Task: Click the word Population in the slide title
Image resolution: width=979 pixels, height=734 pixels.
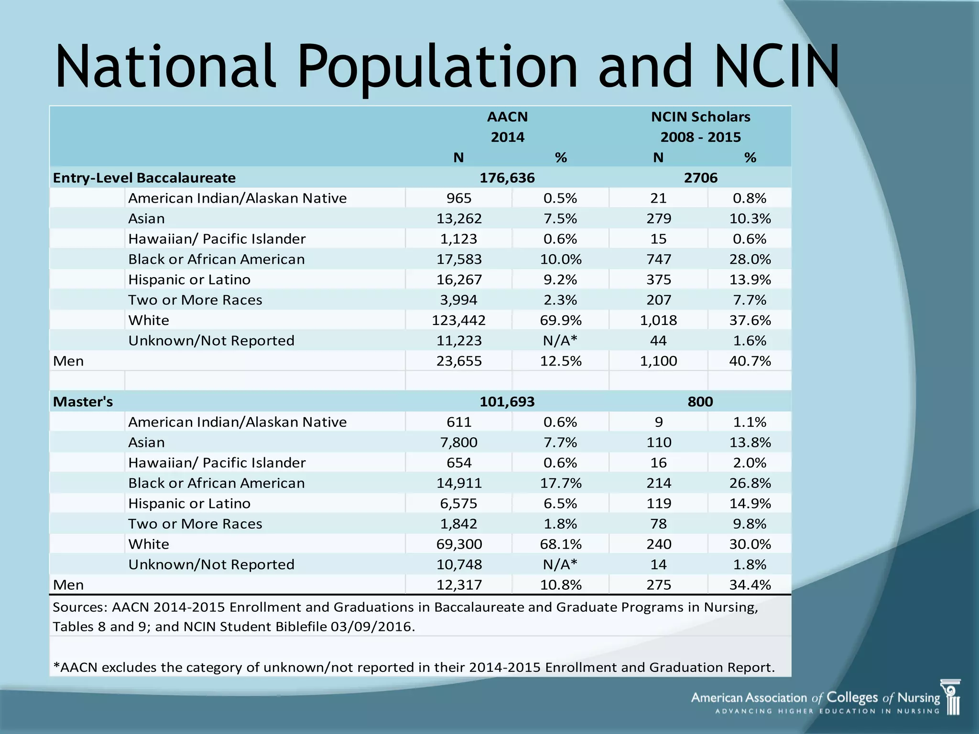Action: [437, 67]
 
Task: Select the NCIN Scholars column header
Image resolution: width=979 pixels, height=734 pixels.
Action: [700, 117]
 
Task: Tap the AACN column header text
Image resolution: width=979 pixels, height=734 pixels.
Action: [507, 117]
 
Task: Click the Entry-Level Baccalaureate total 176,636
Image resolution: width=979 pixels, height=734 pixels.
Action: [507, 178]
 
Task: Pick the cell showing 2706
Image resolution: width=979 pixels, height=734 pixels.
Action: [700, 178]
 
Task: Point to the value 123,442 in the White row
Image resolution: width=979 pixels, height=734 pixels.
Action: [458, 320]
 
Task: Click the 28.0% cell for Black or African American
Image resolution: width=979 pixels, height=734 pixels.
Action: [750, 259]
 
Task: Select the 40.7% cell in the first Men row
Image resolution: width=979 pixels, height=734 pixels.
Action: [750, 361]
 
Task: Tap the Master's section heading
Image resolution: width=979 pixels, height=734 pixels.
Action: [83, 402]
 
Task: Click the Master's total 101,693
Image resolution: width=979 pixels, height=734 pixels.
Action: [507, 402]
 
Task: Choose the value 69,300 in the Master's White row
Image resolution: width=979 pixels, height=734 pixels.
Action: [459, 544]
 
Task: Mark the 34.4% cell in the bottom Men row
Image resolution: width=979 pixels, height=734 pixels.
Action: [750, 585]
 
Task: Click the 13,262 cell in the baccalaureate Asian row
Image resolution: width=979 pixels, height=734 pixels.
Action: [459, 219]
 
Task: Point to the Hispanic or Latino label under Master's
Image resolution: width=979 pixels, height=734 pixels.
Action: [189, 504]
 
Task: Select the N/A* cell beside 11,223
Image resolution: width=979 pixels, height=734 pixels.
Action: [560, 341]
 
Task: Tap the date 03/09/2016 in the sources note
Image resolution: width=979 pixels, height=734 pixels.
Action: [372, 626]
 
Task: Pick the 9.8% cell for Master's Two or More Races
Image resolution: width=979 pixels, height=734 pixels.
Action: [750, 524]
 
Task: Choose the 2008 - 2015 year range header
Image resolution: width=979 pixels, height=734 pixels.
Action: [700, 138]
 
